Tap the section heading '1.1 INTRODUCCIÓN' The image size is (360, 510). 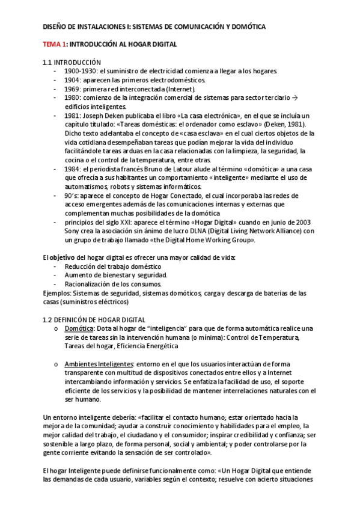pyautogui.click(x=71, y=63)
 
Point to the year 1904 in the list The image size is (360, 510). pyautogui.click(x=72, y=80)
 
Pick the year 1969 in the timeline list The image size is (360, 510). pyautogui.click(x=72, y=88)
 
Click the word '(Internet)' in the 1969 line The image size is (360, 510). pyautogui.click(x=182, y=88)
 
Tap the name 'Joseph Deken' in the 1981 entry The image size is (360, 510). pyautogui.click(x=105, y=115)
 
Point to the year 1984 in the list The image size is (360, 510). pyautogui.click(x=72, y=171)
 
